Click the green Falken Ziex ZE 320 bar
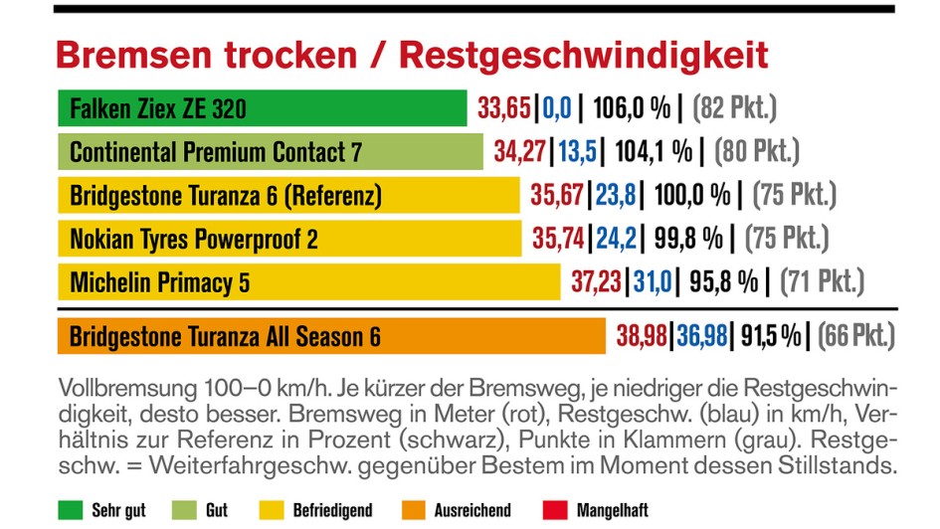[x=263, y=108]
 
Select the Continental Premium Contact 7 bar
[x=270, y=152]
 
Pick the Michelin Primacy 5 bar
[x=309, y=282]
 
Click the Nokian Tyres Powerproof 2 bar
[x=289, y=239]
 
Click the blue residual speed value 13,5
[x=577, y=151]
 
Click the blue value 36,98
[x=702, y=336]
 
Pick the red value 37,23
[x=596, y=282]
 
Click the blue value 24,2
[x=613, y=239]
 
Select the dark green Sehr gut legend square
[x=71, y=510]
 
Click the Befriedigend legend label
[x=332, y=510]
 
